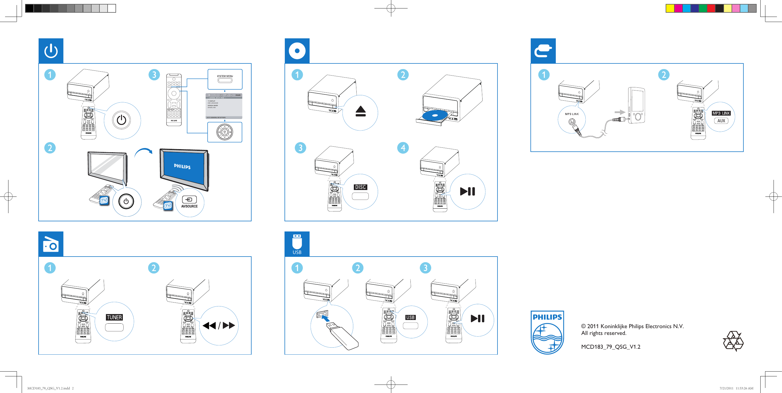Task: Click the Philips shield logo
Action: point(547,332)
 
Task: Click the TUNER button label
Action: point(114,317)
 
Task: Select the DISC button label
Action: point(360,187)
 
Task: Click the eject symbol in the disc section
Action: point(360,111)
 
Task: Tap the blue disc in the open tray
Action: point(435,116)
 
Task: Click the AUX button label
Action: point(721,121)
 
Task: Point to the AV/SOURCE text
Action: point(189,206)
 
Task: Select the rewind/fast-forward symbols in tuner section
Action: point(219,326)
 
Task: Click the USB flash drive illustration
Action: point(342,337)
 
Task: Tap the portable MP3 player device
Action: point(637,105)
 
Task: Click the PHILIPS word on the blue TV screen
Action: point(182,166)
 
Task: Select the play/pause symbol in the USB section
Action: point(477,319)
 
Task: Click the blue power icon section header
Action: point(51,51)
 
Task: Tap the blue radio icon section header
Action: point(51,244)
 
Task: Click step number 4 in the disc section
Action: point(403,148)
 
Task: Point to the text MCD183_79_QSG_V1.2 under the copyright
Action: point(610,347)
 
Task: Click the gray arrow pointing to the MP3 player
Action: point(619,112)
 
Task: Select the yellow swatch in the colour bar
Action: point(670,8)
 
